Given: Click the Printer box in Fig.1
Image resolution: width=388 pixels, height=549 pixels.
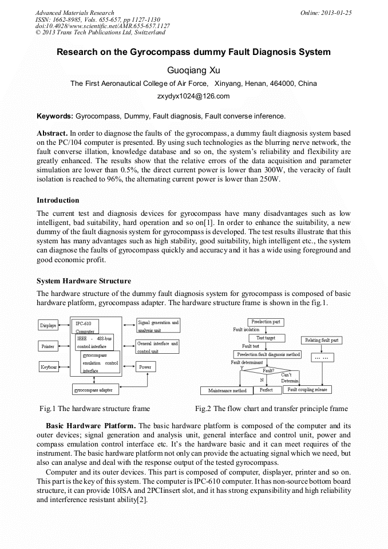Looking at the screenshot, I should [48, 346].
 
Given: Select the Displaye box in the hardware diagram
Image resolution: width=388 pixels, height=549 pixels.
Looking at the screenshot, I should [48, 325].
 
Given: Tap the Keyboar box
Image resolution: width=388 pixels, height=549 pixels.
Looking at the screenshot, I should [49, 367].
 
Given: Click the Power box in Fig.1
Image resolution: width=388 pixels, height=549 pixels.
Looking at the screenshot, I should [145, 367].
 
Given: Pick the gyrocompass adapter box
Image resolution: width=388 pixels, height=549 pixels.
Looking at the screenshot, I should [95, 390].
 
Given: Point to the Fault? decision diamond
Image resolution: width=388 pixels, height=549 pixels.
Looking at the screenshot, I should [268, 370].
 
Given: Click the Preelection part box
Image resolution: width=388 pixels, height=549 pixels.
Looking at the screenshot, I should [266, 322].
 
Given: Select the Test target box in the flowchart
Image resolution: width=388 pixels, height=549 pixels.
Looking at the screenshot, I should [266, 338].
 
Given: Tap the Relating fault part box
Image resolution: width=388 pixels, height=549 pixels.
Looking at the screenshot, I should [321, 340].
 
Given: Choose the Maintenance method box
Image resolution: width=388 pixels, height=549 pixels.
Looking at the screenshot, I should [227, 390].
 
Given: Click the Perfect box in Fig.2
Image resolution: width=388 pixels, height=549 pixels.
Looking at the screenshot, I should [266, 390].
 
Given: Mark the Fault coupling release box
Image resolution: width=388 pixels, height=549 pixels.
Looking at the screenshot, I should [307, 389].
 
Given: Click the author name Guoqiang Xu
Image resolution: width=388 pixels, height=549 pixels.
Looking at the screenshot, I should [193, 70].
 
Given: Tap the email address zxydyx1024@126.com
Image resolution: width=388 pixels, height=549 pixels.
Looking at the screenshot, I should [193, 96].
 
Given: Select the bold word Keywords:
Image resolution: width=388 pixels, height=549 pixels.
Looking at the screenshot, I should [54, 116].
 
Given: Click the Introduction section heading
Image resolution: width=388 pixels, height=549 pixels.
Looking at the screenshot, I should [58, 200].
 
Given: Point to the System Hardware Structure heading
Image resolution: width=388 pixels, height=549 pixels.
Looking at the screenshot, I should [84, 281].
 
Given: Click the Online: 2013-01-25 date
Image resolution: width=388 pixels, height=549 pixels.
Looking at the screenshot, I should [326, 13].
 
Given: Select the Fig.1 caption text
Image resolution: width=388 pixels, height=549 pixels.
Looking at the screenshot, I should [94, 408].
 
